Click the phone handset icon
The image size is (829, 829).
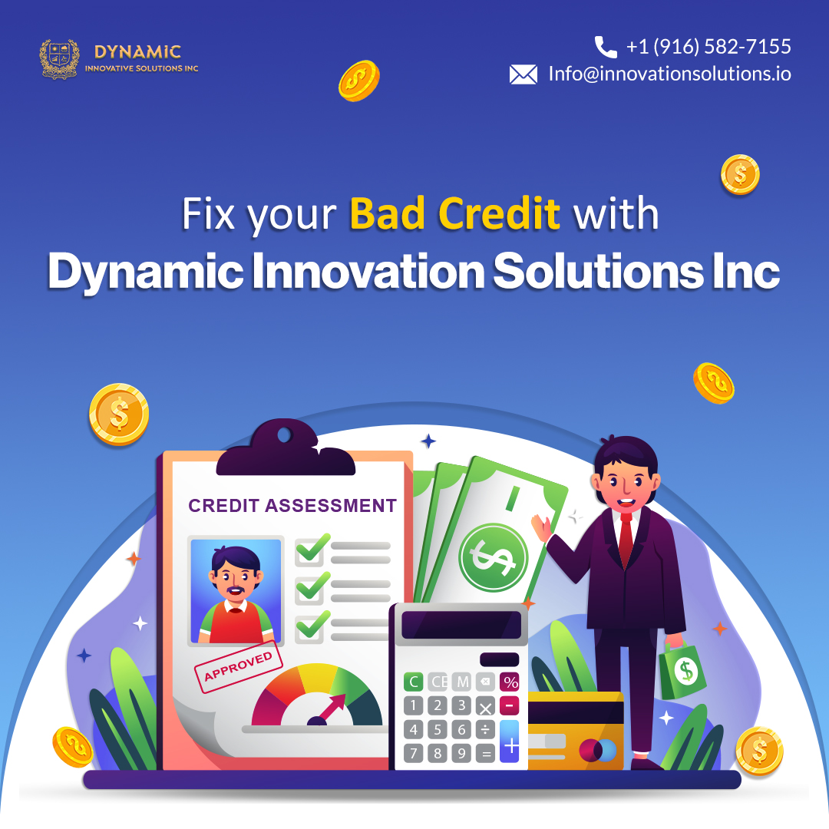pos(606,47)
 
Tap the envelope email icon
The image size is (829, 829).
pos(523,74)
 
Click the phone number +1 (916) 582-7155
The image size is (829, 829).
pos(708,47)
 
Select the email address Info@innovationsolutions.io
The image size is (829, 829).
pos(670,74)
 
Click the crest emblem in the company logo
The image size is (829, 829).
pos(60,59)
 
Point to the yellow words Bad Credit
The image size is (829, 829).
pos(454,213)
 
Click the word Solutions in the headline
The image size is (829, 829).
pos(599,271)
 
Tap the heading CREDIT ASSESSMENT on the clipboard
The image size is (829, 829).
pos(292,505)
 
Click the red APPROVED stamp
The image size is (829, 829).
pos(239,666)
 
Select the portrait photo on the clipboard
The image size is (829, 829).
pos(236,591)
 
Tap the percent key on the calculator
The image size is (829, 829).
pos(510,682)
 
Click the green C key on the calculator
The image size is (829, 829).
pos(414,682)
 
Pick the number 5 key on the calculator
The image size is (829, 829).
pos(438,730)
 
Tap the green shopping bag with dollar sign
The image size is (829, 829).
pos(682,670)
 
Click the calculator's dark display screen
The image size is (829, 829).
pos(461,625)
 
